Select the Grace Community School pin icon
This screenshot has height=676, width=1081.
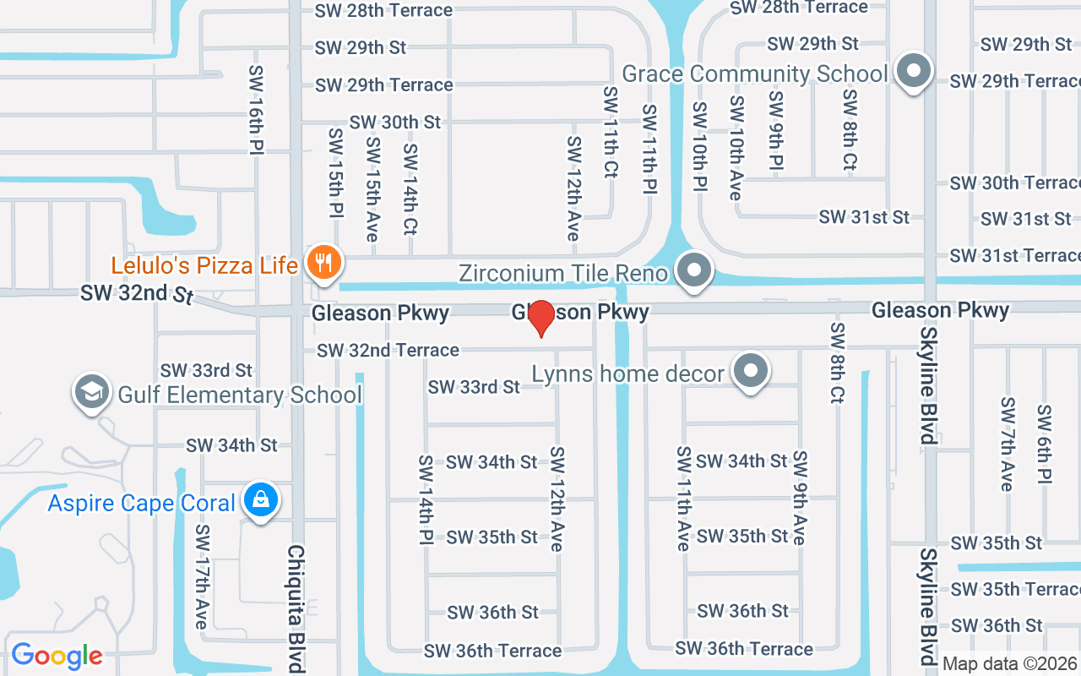[x=913, y=72]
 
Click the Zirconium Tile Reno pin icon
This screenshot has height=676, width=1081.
[x=695, y=271]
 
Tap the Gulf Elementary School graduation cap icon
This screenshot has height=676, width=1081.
[x=91, y=392]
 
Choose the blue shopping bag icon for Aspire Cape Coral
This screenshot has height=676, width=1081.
[x=261, y=500]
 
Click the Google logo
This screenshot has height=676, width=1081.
[x=57, y=656]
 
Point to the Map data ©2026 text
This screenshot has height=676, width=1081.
[x=1009, y=663]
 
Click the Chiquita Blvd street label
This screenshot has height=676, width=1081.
[x=296, y=608]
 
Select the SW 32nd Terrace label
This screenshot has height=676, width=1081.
[x=388, y=350]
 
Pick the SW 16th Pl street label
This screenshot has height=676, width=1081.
[x=257, y=110]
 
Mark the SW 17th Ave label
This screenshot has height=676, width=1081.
[x=202, y=576]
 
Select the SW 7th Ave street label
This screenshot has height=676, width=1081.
[x=1007, y=444]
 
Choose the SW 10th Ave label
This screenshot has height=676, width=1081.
[x=736, y=148]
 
